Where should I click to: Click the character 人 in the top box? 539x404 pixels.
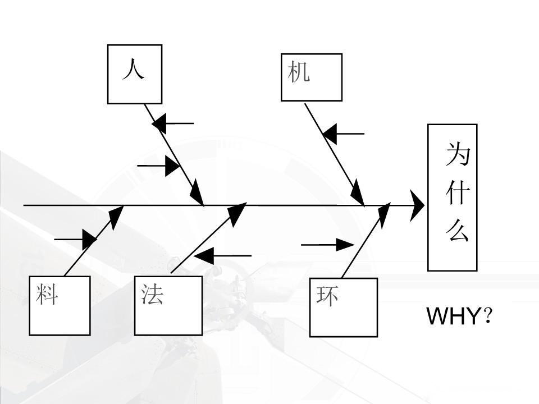[x=134, y=69]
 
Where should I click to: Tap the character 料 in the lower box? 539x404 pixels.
[x=47, y=294]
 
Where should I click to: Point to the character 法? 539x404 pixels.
[x=152, y=294]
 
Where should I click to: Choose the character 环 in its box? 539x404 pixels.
[x=327, y=295]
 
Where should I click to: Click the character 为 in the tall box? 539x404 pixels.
[x=458, y=154]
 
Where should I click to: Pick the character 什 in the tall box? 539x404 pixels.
[x=458, y=192]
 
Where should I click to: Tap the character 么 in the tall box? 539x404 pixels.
[x=458, y=230]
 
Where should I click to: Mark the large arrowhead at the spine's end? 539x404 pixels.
[x=417, y=205]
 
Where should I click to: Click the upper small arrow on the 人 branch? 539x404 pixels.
[x=172, y=123]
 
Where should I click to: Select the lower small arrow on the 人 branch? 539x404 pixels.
[x=159, y=166]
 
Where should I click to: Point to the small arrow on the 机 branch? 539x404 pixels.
[x=343, y=134]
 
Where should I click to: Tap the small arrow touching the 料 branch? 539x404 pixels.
[x=76, y=240]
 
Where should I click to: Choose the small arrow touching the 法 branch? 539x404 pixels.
[x=222, y=256]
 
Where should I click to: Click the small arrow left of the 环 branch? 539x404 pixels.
[x=328, y=245]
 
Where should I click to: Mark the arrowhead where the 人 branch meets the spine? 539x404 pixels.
[x=197, y=194]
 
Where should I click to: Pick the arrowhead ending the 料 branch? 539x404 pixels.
[x=116, y=216]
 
